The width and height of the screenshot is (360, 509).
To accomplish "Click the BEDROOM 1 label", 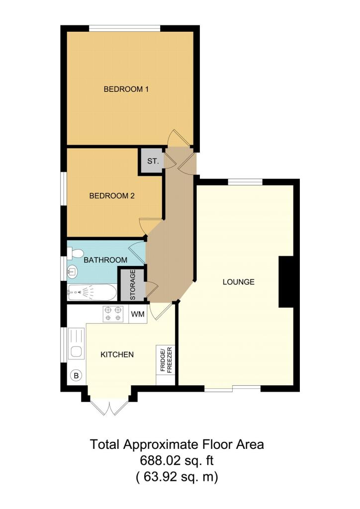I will [126, 89].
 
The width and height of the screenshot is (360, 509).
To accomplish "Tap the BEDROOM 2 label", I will [112, 196].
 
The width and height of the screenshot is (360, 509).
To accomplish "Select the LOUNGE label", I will [238, 282].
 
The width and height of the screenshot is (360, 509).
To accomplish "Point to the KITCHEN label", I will [117, 354].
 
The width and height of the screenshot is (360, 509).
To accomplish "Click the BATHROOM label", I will [105, 260].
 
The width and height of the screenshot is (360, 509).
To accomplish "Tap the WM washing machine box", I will [137, 314].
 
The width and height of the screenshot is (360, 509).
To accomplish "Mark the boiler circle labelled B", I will [76, 375].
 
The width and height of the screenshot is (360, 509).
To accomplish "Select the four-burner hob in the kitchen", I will [112, 314].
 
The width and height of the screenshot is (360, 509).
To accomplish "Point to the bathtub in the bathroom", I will [92, 292].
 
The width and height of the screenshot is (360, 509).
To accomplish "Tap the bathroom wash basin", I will [72, 271].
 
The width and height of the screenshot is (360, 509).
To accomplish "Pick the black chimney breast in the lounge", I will [286, 282].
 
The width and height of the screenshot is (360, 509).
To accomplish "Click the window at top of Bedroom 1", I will [125, 28].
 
